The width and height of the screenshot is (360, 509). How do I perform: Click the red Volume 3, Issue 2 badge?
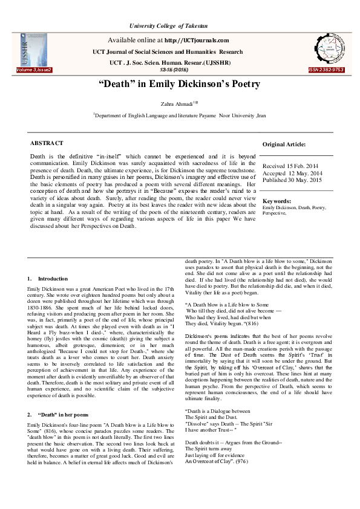pyautogui.click(x=34, y=70)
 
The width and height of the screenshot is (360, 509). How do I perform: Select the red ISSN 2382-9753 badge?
pyautogui.click(x=327, y=70)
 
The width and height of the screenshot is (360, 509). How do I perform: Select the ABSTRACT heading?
pyautogui.click(x=47, y=143)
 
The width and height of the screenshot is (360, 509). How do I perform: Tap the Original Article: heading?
pyautogui.click(x=284, y=144)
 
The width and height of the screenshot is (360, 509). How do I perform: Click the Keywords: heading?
pyautogui.click(x=278, y=201)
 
